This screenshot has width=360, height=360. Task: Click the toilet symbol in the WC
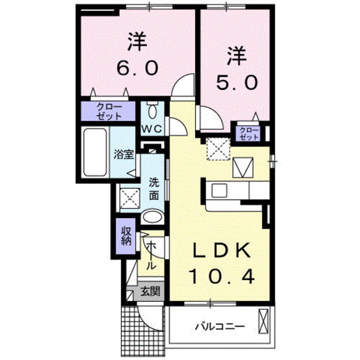[152, 111]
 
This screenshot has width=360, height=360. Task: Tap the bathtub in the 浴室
[94, 151]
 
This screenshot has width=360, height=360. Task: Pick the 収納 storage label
[126, 236]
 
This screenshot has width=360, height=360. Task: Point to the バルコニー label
[220, 327]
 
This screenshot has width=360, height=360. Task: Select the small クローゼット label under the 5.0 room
[249, 133]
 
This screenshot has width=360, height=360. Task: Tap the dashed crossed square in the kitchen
[218, 149]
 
